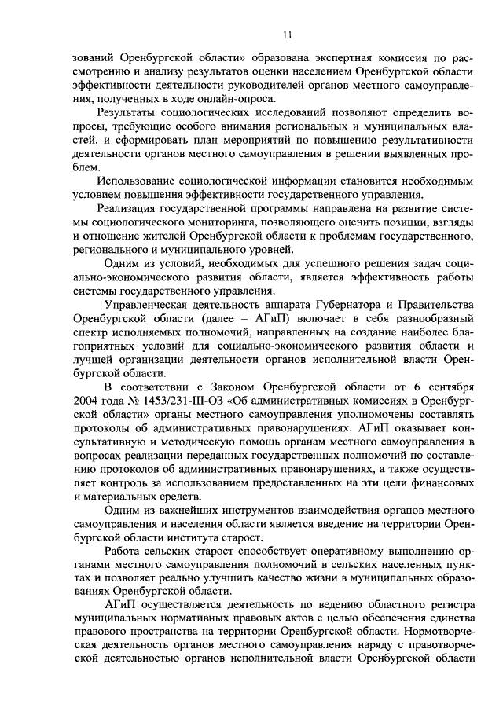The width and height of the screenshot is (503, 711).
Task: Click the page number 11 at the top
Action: pos(288,34)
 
